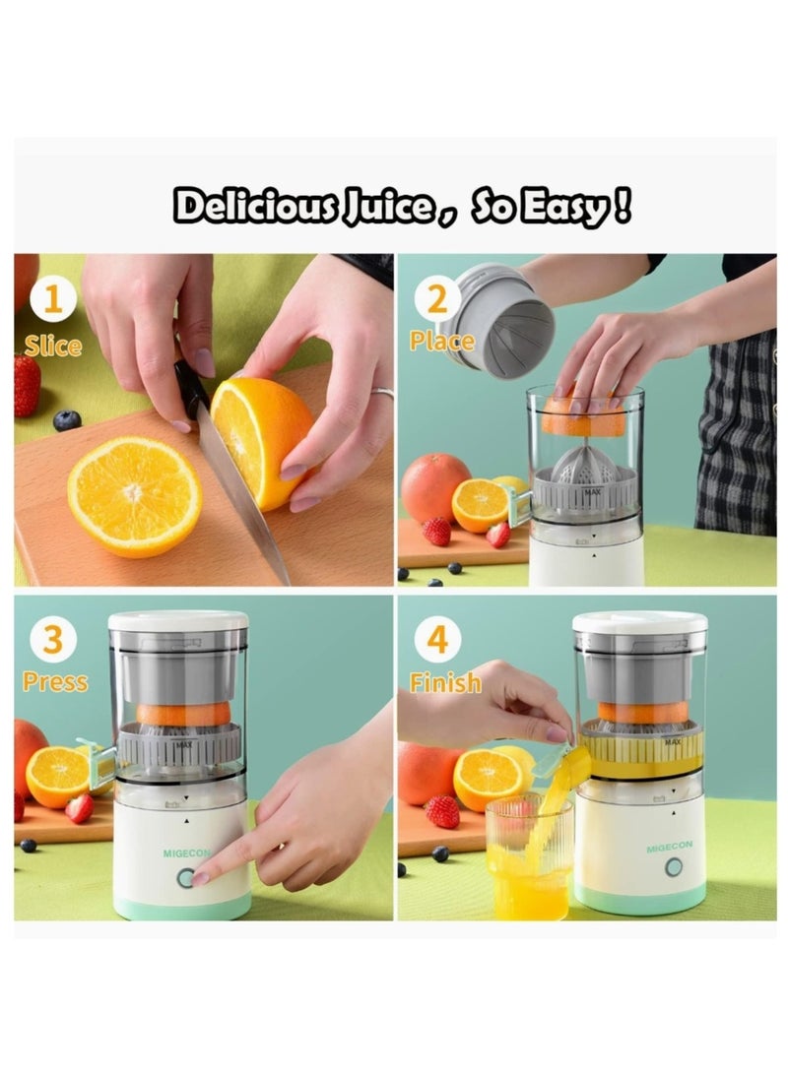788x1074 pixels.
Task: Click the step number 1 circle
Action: tap(52, 299)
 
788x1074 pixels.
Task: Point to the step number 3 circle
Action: tap(53, 640)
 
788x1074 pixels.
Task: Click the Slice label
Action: tap(53, 346)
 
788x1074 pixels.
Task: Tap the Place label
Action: tap(442, 342)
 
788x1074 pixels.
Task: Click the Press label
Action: tap(55, 682)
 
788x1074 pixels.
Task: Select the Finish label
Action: tap(445, 683)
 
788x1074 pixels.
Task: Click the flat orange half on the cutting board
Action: tap(134, 494)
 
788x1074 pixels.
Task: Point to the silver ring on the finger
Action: tap(382, 393)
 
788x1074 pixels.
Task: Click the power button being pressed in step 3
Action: tap(185, 877)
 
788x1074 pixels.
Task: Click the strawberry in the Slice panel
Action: tap(27, 386)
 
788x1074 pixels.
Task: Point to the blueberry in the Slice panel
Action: tap(67, 420)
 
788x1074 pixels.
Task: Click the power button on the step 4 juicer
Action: tap(674, 867)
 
